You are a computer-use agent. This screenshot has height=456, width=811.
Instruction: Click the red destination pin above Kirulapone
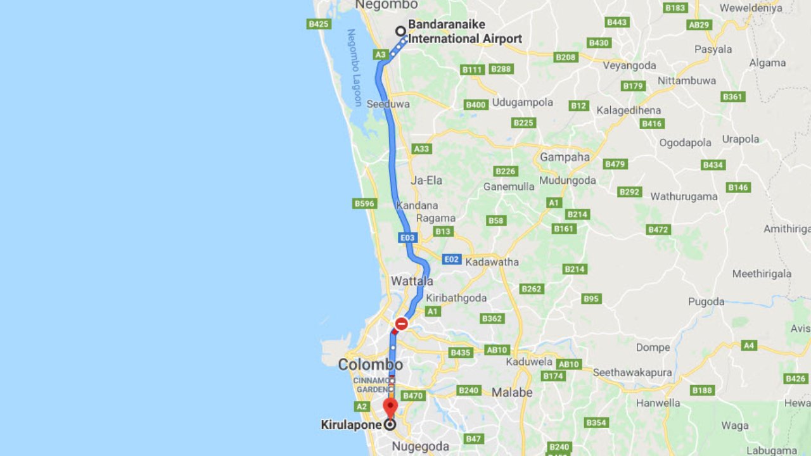pyautogui.click(x=390, y=406)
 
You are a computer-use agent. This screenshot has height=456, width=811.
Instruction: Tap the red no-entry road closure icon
pyautogui.click(x=401, y=324)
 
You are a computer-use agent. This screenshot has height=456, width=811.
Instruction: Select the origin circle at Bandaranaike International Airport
pyautogui.click(x=400, y=31)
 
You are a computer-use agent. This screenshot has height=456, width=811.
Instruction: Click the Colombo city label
pyautogui.click(x=370, y=365)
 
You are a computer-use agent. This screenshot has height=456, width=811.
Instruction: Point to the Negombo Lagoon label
pyautogui.click(x=354, y=67)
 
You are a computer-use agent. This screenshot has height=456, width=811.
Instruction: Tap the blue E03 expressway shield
pyautogui.click(x=407, y=238)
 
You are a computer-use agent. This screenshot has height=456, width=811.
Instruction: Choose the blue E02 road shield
pyautogui.click(x=451, y=259)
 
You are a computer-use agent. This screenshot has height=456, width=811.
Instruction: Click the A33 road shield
pyautogui.click(x=421, y=149)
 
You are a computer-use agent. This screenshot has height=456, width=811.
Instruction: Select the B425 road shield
pyautogui.click(x=318, y=24)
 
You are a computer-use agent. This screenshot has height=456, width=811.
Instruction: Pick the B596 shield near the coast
pyautogui.click(x=364, y=203)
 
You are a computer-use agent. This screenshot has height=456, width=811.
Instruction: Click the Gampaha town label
pyautogui.click(x=565, y=157)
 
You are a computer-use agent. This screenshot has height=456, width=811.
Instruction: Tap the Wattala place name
pyautogui.click(x=412, y=281)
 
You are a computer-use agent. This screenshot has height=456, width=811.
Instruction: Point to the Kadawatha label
pyautogui.click(x=492, y=262)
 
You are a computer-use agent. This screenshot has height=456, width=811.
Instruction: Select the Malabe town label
pyautogui.click(x=512, y=393)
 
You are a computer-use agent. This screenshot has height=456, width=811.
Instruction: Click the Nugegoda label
pyautogui.click(x=420, y=446)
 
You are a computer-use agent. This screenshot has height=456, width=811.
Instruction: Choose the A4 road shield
pyautogui.click(x=749, y=345)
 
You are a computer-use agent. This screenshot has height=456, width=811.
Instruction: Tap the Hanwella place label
pyautogui.click(x=658, y=403)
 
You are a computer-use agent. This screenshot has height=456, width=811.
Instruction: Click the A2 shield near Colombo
pyautogui.click(x=362, y=406)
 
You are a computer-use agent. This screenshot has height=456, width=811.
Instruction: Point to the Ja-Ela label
pyautogui.click(x=426, y=180)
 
